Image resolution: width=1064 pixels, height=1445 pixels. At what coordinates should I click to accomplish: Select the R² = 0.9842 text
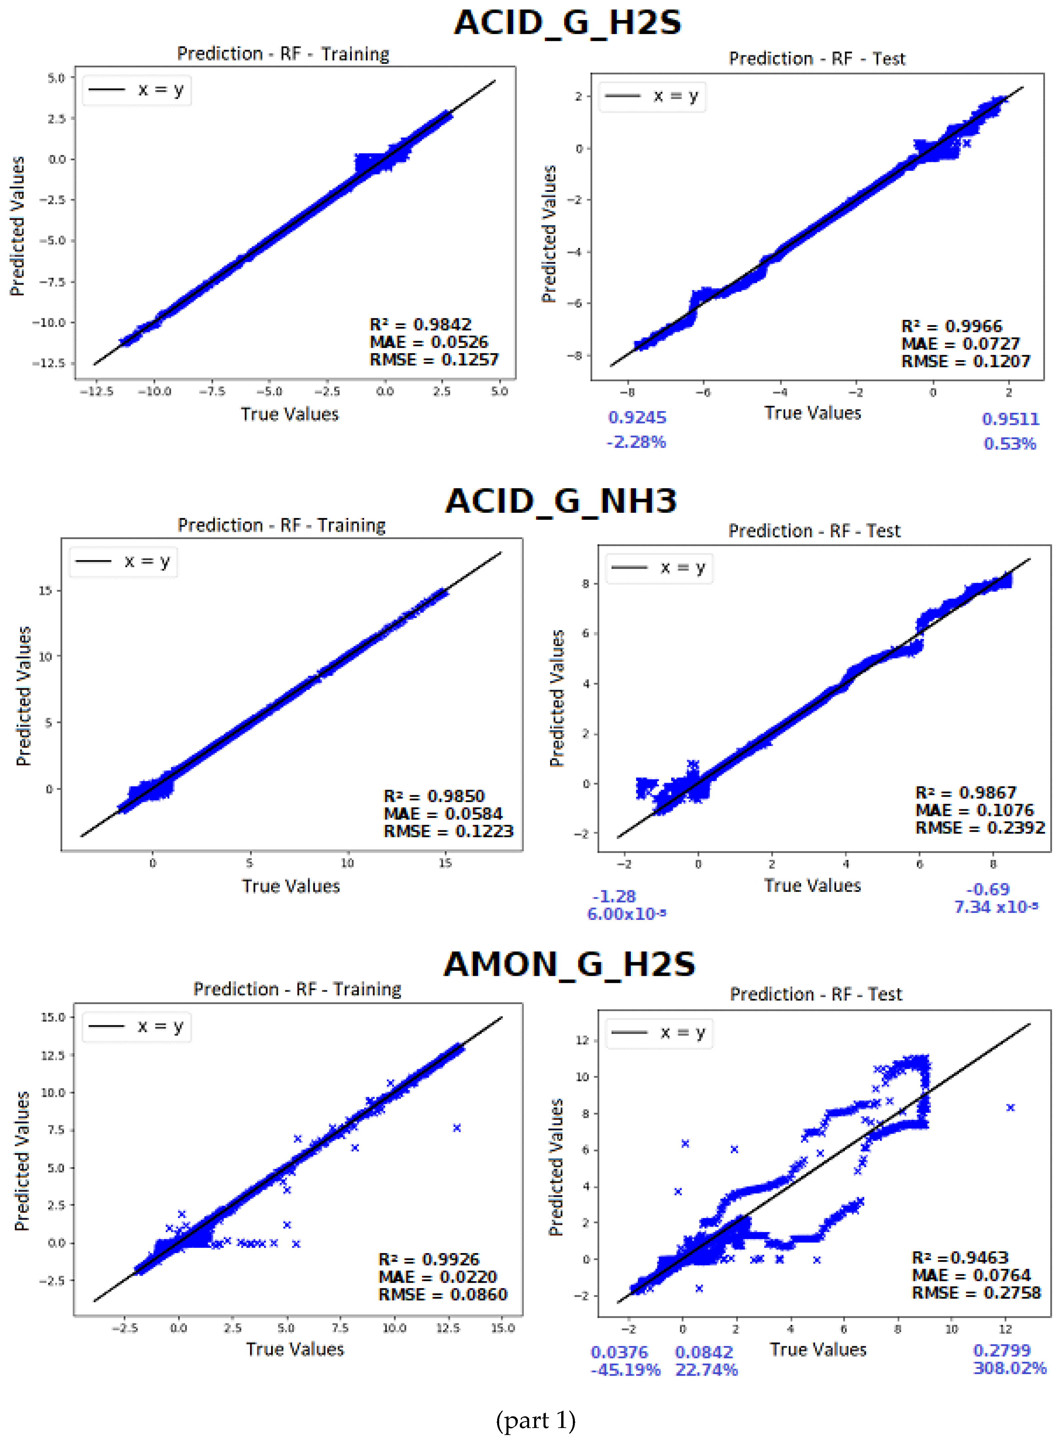coord(420,325)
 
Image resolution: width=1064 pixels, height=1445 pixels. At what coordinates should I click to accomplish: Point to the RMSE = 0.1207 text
coord(965,362)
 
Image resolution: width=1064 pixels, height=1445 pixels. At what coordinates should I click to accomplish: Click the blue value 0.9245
coord(637,418)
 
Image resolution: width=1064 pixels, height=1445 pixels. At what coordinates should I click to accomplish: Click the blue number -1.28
coord(614,896)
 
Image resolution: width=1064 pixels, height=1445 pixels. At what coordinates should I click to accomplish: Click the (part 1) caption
coord(535,1420)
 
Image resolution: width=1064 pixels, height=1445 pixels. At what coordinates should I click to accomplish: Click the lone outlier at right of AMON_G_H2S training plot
coord(457,1128)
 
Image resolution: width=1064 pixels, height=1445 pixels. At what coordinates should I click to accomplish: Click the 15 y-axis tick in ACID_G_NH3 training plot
coord(45,590)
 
